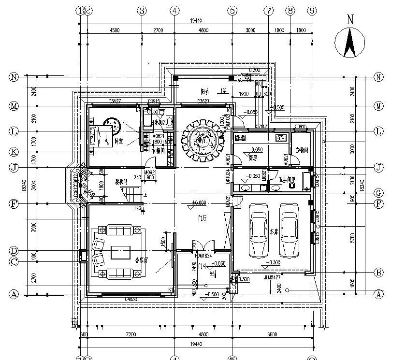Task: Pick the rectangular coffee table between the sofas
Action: pos(119,252)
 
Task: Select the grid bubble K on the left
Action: pos(14,152)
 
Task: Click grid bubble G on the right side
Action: pos(379,192)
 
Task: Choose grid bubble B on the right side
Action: pos(379,273)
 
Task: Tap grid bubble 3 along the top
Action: pos(142,11)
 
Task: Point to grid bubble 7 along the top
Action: pos(269,11)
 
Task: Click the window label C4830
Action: pos(131,300)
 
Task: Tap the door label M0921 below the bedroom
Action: pos(150,173)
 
